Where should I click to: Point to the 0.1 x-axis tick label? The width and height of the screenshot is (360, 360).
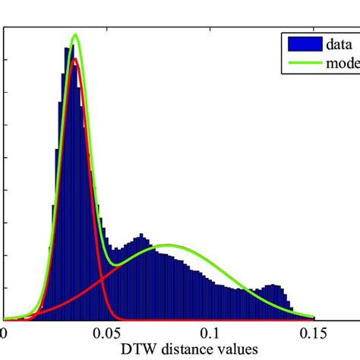(x=211, y=332)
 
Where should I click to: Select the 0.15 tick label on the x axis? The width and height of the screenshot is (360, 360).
(x=314, y=332)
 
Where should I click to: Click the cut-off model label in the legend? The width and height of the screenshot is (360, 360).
(x=343, y=63)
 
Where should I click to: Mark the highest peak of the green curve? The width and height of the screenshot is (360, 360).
(x=74, y=34)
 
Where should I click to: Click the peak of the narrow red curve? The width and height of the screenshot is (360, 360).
(x=74, y=59)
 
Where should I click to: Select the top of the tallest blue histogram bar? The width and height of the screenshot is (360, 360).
(x=67, y=47)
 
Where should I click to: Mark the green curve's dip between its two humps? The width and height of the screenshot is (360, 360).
(x=114, y=264)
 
